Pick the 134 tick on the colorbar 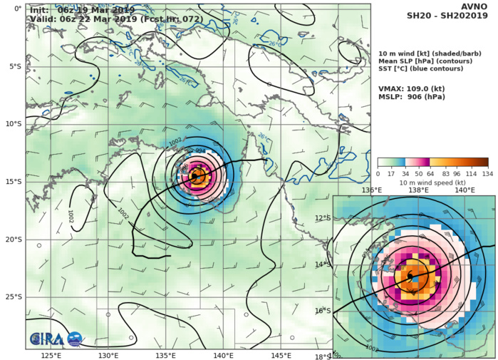click(x=488, y=173)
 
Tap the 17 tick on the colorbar click(x=392, y=173)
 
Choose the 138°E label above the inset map click(x=418, y=190)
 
